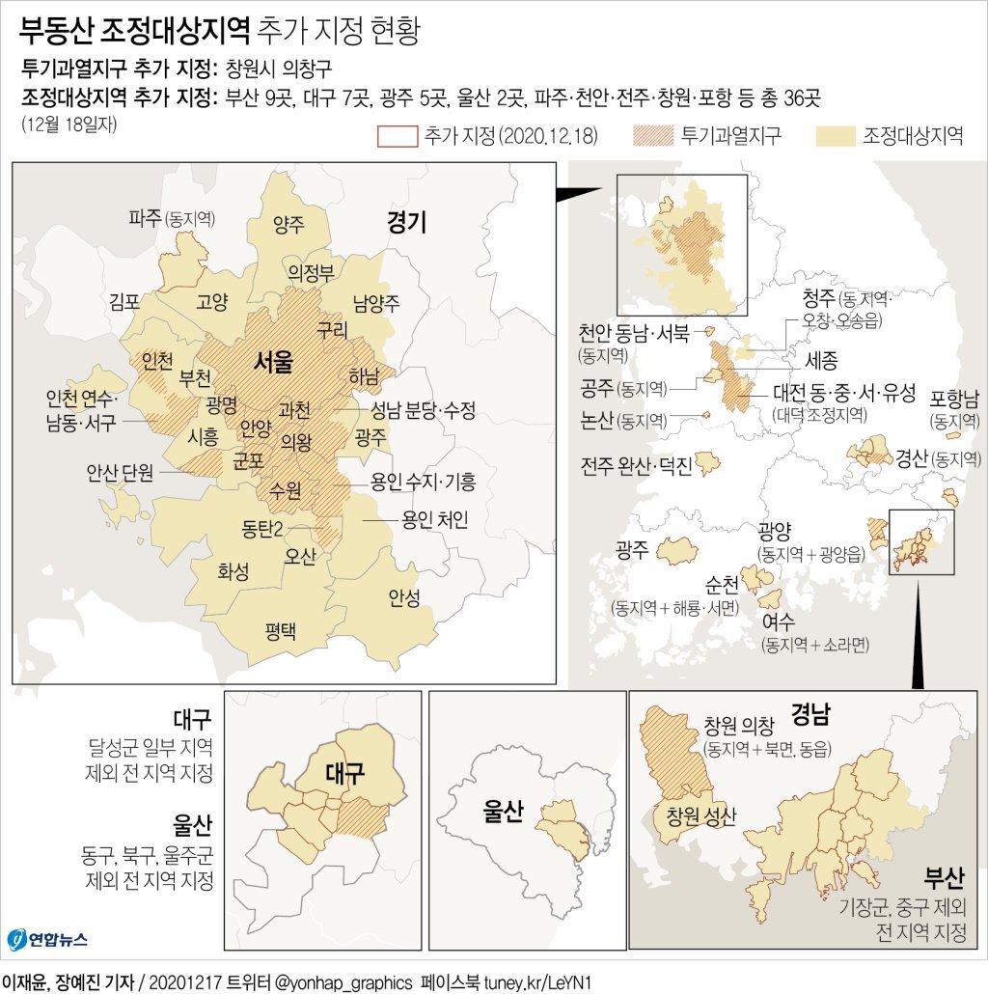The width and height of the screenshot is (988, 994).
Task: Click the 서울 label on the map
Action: point(273,362)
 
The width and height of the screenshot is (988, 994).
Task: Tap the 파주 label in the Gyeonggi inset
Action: point(145,218)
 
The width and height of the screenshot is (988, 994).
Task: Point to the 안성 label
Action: point(403,597)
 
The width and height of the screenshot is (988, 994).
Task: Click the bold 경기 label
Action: point(406,223)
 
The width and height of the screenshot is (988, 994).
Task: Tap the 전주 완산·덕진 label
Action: point(636,466)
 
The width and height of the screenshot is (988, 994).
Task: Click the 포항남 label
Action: point(954,400)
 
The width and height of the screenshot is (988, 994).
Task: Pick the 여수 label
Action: point(777,622)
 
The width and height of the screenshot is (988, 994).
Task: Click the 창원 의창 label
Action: point(739,725)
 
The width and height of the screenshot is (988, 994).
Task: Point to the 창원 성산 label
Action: point(700,816)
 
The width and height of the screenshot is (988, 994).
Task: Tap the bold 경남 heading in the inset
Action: point(810,715)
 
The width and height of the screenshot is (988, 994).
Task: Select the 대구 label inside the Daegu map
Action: point(344,773)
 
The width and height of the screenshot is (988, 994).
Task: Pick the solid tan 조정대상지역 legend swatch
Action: point(836,135)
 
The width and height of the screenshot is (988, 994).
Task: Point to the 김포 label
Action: point(126,301)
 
